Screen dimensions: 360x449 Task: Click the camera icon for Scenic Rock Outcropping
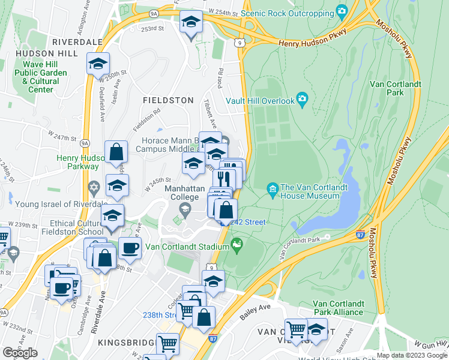(342, 11)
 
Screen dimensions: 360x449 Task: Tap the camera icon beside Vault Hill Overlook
(302, 99)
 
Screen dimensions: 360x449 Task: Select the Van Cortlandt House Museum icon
(273, 191)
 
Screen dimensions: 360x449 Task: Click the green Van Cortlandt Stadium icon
(238, 244)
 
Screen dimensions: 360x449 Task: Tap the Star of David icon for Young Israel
(93, 188)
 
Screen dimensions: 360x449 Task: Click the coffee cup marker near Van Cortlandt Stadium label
(130, 247)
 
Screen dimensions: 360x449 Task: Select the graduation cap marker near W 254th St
(191, 22)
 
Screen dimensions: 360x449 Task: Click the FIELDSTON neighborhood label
(167, 100)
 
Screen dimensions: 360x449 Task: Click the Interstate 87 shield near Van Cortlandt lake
(360, 236)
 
